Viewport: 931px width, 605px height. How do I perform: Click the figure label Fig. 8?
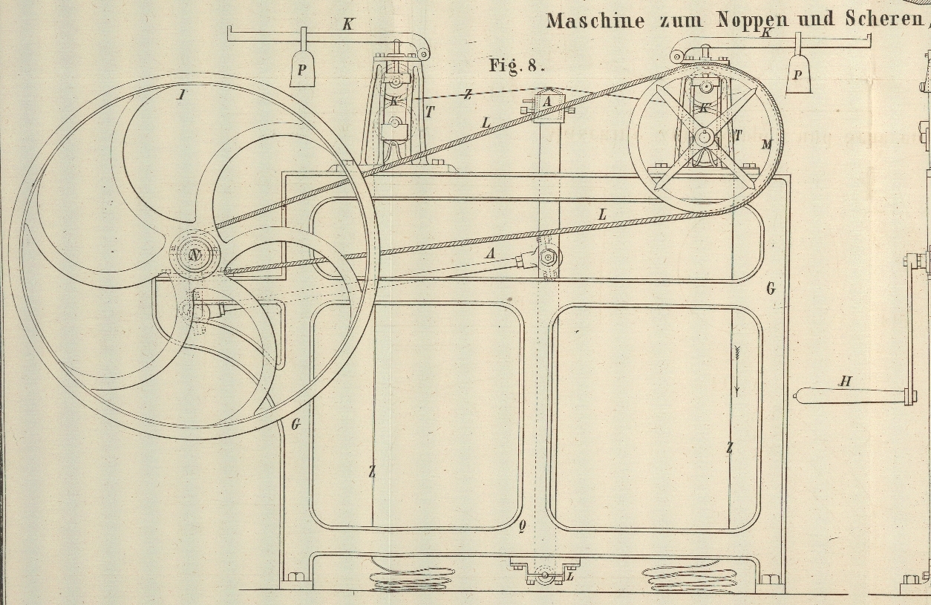517,65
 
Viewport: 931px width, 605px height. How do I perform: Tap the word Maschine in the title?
595,20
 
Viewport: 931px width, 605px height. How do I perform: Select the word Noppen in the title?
754,20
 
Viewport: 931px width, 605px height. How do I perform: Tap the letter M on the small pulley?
765,145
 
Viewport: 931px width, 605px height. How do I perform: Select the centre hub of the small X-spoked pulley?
702,137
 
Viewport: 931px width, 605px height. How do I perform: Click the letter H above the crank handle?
845,382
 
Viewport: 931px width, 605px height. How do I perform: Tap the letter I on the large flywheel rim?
180,94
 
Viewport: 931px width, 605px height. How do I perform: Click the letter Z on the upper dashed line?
468,94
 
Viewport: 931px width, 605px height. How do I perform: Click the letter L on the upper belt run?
486,122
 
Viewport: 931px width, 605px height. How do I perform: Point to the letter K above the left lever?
347,24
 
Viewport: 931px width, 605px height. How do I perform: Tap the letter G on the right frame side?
770,288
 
